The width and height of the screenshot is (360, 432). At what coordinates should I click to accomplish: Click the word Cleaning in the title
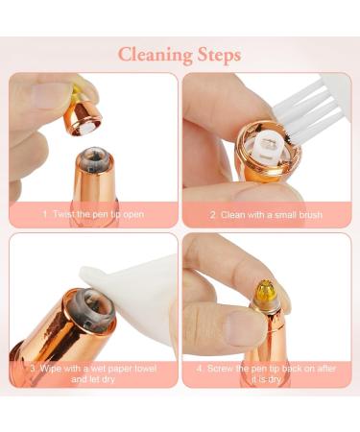[154, 54]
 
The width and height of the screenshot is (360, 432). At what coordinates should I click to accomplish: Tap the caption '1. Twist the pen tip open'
[93, 214]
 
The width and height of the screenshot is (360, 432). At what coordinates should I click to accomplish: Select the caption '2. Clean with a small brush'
[267, 214]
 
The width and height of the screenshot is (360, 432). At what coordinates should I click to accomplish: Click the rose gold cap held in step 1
[85, 114]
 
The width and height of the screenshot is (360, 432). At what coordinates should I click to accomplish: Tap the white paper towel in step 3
[125, 288]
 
